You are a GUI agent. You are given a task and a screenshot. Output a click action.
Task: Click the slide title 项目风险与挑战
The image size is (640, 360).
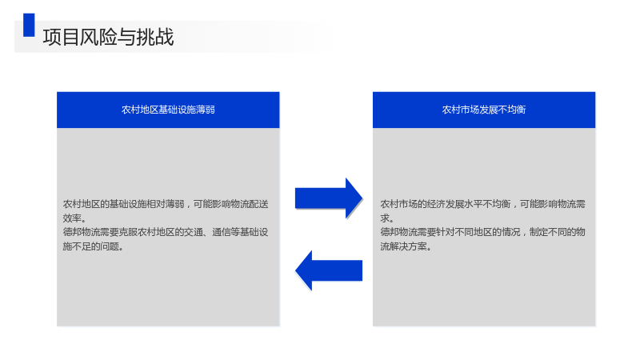(108, 37)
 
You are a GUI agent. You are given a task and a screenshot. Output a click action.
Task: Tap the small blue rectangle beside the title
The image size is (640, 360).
(29, 25)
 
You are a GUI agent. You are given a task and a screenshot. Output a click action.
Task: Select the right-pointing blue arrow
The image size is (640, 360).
(329, 198)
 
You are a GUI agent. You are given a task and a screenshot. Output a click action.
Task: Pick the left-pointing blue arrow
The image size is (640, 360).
(329, 270)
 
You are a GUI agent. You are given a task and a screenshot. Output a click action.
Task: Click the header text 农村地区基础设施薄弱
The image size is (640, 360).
(168, 110)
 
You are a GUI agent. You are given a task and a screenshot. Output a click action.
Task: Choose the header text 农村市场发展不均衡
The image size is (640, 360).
(484, 110)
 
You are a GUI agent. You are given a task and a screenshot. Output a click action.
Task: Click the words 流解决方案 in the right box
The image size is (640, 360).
(404, 246)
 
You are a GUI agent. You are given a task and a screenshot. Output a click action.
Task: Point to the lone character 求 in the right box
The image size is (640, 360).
(385, 218)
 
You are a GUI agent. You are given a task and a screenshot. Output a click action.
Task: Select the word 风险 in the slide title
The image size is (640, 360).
(98, 37)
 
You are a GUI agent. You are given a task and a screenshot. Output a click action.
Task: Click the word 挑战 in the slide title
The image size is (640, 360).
(155, 37)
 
